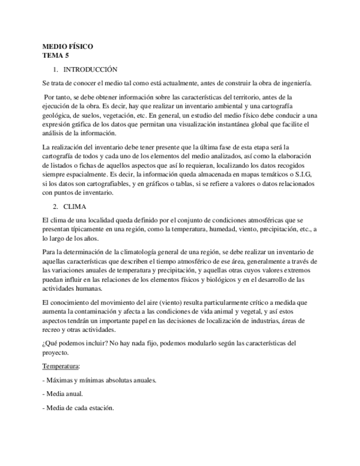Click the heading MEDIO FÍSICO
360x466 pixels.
(68, 47)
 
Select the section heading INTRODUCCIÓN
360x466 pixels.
(91, 70)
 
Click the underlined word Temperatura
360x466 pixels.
(61, 365)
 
